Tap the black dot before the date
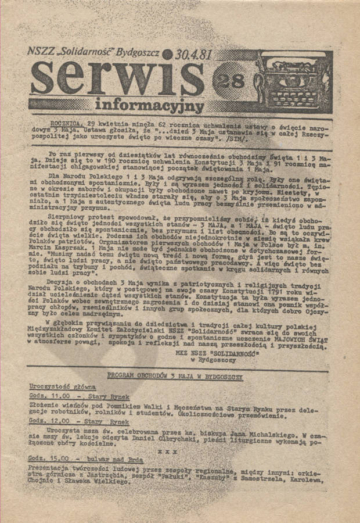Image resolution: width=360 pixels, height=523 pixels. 168,55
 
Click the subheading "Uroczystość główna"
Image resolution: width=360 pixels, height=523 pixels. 63,387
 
